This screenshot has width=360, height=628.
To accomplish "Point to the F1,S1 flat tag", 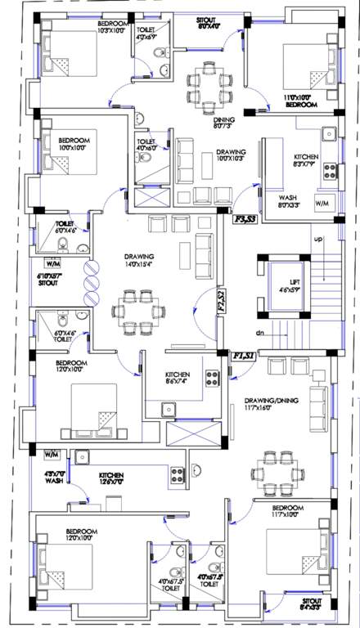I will click(x=243, y=357).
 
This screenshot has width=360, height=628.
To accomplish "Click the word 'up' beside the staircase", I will click(x=317, y=239).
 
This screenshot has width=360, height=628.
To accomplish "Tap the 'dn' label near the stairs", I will click(x=259, y=333).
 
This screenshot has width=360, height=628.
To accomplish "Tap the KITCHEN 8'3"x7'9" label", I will click(x=312, y=161).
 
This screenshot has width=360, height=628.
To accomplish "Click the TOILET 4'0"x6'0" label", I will click(x=147, y=145).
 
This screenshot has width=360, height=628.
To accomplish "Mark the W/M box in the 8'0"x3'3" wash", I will click(x=321, y=202).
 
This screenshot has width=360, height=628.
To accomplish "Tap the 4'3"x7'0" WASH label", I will click(x=53, y=478).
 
